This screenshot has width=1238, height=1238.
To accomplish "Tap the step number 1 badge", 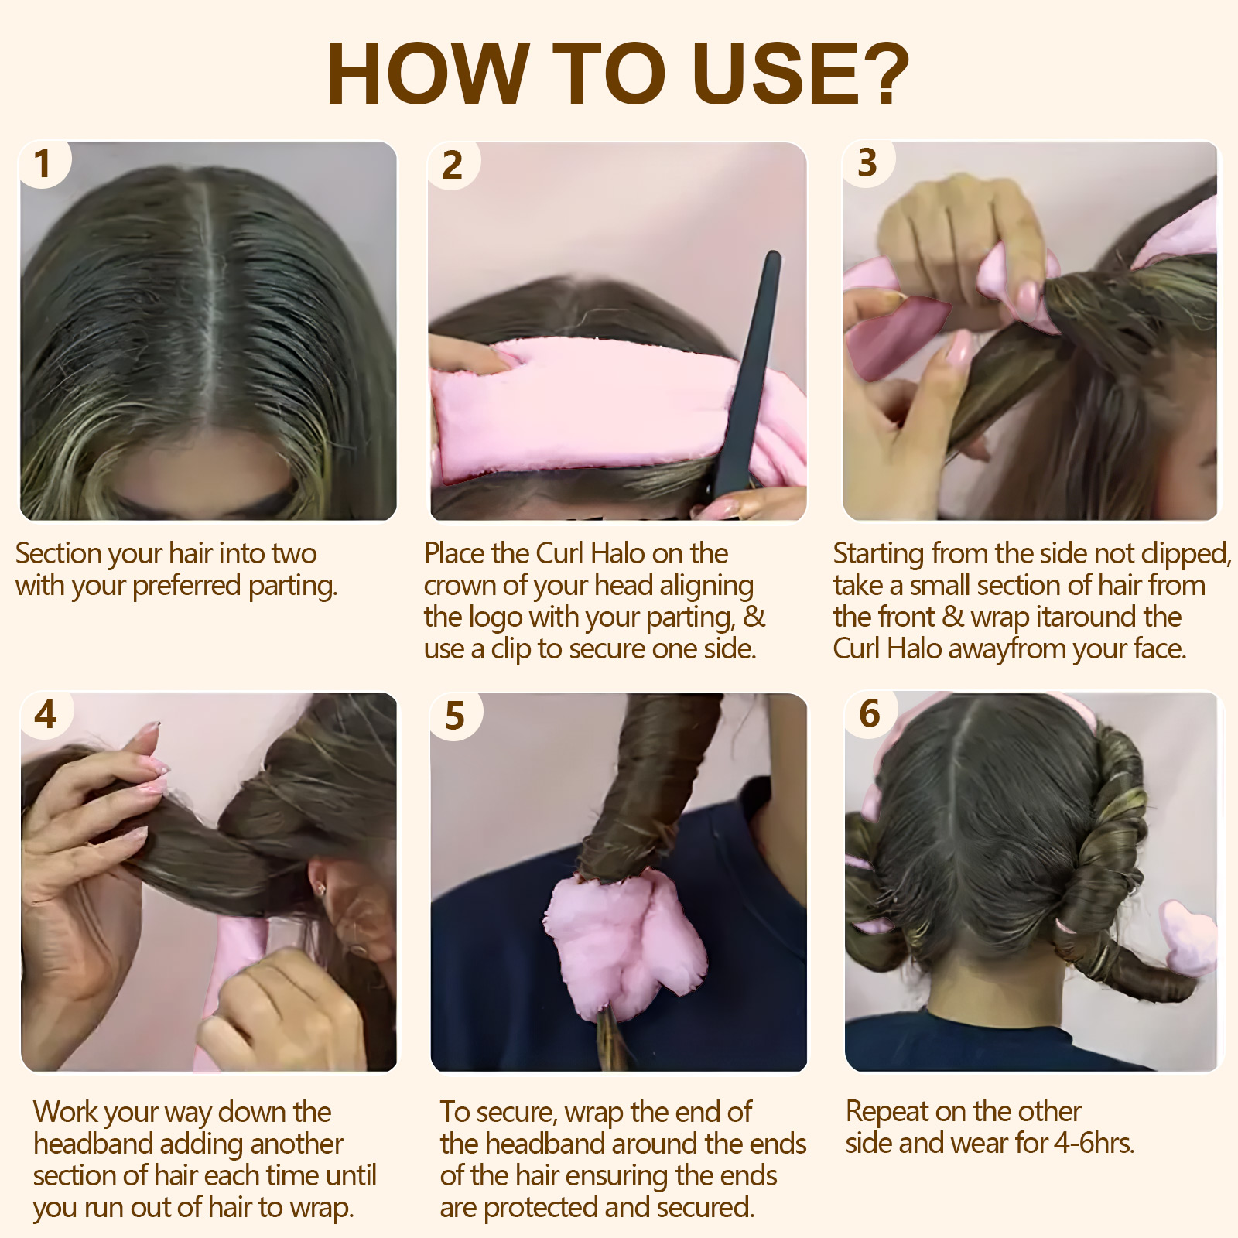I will pyautogui.click(x=43, y=164).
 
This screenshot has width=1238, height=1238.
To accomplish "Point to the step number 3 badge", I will pyautogui.click(x=867, y=163).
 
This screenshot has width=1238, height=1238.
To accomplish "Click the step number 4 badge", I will pyautogui.click(x=46, y=714).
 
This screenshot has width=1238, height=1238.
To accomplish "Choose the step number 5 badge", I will pyautogui.click(x=455, y=716).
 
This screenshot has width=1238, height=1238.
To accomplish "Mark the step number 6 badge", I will pyautogui.click(x=870, y=713).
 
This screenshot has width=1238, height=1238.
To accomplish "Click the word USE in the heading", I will pyautogui.click(x=775, y=74).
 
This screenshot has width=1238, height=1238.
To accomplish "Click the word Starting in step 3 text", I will pyautogui.click(x=878, y=554).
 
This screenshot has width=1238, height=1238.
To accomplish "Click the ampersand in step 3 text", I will pyautogui.click(x=953, y=617).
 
